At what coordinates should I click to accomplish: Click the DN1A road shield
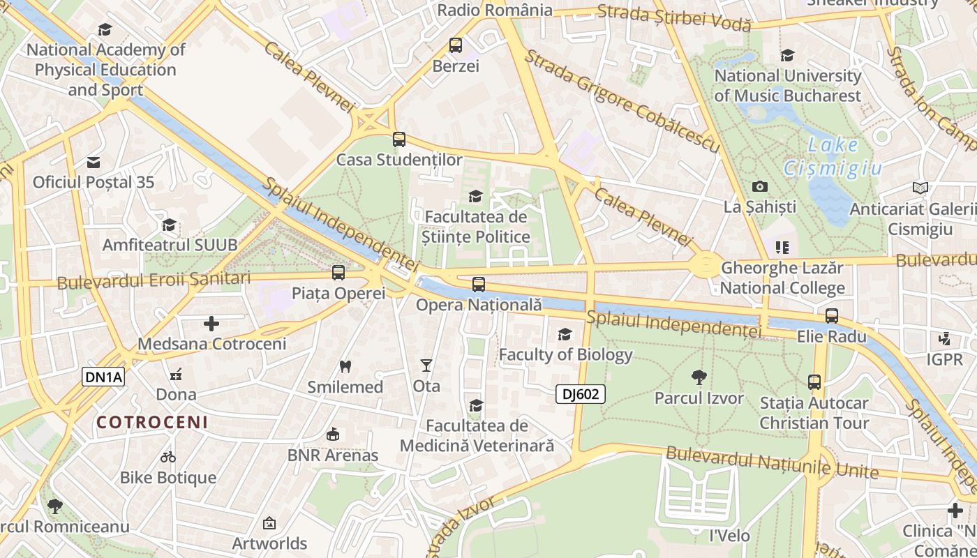coord(104,377)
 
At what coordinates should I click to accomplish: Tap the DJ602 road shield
coord(581,394)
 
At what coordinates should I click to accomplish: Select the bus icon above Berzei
coord(456,46)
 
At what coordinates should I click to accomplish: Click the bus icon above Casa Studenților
coord(399,139)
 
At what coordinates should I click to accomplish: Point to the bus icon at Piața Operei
coord(338,273)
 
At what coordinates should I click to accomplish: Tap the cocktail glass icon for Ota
coord(426,365)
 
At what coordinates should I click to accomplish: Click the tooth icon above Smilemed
coord(345,366)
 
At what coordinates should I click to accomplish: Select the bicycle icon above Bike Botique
coord(168,458)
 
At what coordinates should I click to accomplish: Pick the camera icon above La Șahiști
coord(760,186)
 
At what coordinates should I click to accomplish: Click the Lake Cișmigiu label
coord(833,157)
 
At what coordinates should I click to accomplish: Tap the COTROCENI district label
coord(152,422)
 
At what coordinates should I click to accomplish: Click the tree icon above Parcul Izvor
coord(699,377)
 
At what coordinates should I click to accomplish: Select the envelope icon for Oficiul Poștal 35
coord(94,163)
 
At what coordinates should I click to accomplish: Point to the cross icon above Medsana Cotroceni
coord(211,324)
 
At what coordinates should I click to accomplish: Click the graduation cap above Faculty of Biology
coord(565,335)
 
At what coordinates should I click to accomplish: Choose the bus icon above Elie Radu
coord(832,316)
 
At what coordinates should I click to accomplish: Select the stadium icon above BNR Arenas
coord(333,435)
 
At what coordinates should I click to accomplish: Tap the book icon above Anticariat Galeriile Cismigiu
coord(920,188)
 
